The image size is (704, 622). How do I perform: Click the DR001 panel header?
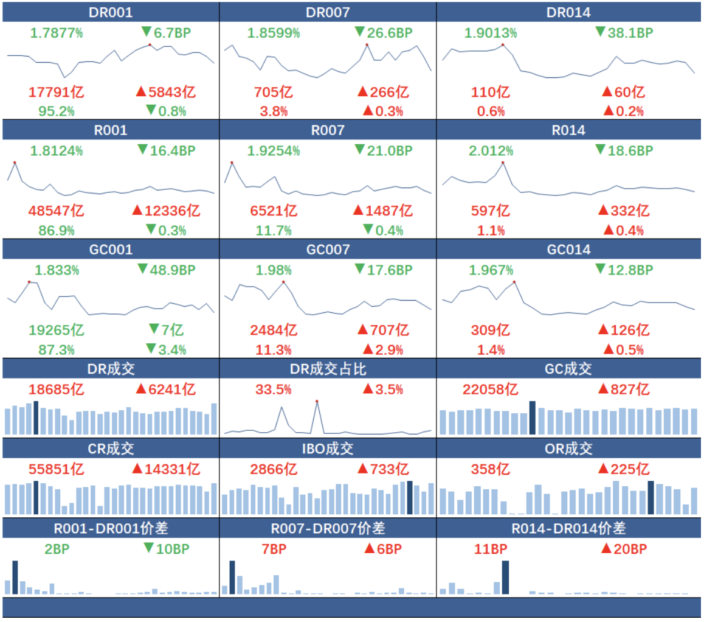coord(110,12)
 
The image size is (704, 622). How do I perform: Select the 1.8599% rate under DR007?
coord(274,33)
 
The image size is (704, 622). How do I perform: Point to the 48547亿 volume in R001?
coord(56,211)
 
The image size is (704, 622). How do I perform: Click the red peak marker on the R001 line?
coord(14,162)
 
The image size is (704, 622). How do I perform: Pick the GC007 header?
coord(328,250)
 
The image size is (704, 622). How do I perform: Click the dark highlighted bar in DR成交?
coord(36,418)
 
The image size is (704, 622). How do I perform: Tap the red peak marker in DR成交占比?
coord(317,401)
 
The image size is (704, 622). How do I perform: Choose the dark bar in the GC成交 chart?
coord(533,418)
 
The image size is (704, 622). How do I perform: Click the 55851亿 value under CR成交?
coord(56,469)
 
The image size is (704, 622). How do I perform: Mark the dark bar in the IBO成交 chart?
coord(410,498)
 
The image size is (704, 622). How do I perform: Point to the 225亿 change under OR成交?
coord(624,469)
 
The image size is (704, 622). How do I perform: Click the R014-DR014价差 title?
coord(568,528)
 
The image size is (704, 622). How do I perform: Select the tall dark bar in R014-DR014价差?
coord(505,577)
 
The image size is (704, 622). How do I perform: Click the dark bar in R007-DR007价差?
coord(232,577)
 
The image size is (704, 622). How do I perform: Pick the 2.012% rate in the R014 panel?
coord(491,150)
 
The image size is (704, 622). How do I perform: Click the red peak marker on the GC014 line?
coord(514,282)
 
